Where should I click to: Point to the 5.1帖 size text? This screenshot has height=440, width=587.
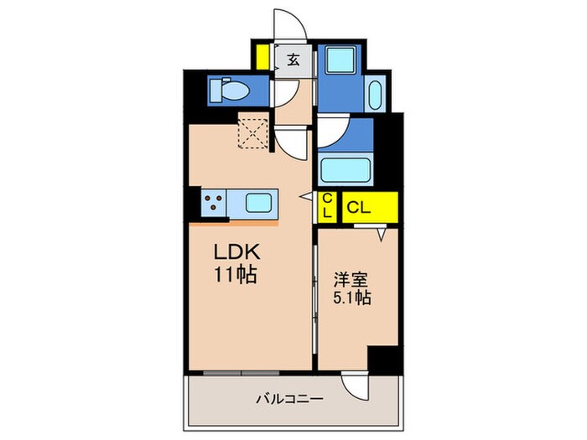[x=353, y=298]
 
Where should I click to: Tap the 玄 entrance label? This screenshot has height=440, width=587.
[x=293, y=60]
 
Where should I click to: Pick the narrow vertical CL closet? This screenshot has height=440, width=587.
[x=326, y=206]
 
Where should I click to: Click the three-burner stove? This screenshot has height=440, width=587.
[x=215, y=204]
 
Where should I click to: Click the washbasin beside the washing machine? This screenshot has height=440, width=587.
[x=374, y=94]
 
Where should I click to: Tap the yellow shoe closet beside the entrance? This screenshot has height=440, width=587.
[x=262, y=57]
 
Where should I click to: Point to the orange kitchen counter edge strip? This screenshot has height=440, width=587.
[x=234, y=224]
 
